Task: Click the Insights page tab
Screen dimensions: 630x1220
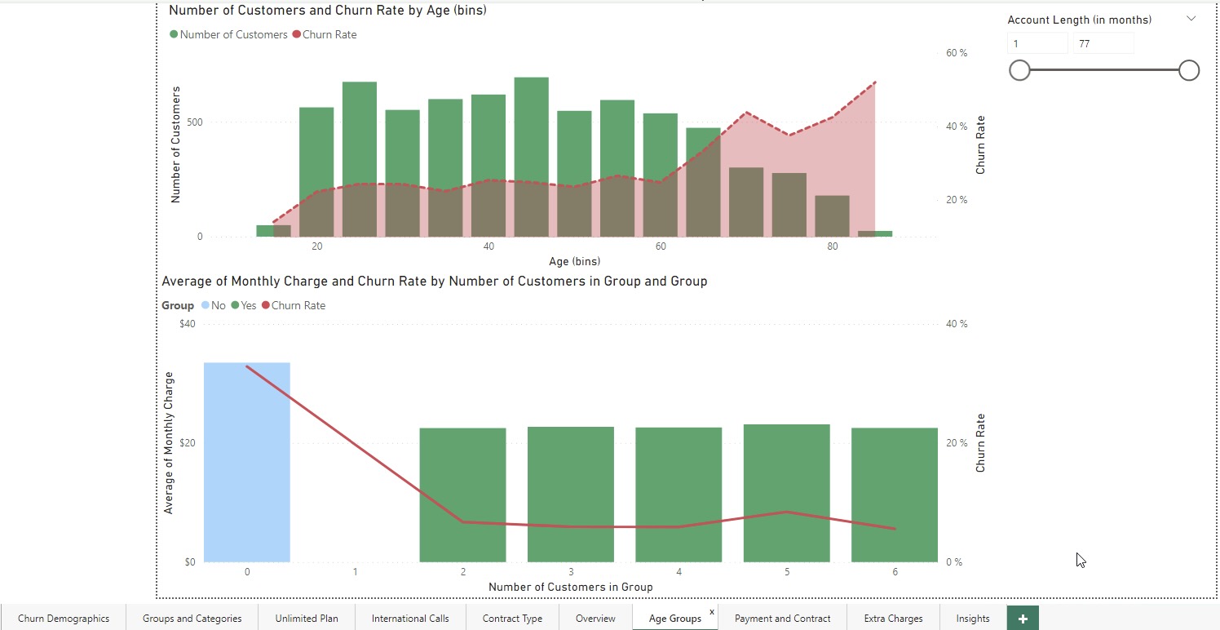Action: click(x=972, y=619)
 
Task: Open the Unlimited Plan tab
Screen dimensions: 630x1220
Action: click(x=306, y=619)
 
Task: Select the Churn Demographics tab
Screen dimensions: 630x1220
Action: click(x=64, y=619)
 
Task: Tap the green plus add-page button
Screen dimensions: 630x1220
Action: click(x=1023, y=619)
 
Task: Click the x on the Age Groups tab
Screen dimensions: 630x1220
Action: click(x=711, y=611)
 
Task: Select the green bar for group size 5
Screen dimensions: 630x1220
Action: click(x=786, y=493)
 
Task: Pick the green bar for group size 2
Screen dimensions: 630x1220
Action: click(x=462, y=495)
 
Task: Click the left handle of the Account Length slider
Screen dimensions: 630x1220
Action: click(x=1019, y=71)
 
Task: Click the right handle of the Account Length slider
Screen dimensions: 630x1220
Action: click(x=1189, y=71)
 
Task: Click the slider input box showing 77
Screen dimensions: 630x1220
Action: click(x=1103, y=44)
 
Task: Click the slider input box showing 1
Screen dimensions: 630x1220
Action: click(x=1037, y=44)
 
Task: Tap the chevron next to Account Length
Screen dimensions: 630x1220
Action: click(x=1191, y=19)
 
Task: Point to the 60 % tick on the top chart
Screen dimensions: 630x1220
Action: click(x=956, y=53)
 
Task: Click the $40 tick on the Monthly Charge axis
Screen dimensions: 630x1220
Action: click(x=187, y=324)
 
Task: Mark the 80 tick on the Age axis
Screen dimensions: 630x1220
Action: click(x=832, y=247)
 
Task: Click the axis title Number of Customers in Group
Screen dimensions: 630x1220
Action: click(x=570, y=587)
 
